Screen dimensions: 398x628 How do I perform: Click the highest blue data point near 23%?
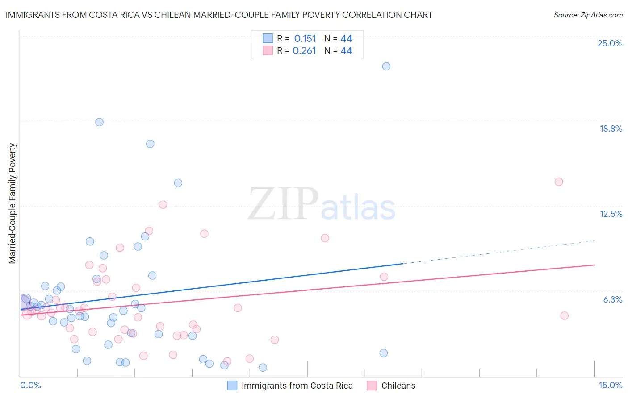386,66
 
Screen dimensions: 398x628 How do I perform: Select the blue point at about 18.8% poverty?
99,122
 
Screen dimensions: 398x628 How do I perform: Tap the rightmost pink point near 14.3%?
559,182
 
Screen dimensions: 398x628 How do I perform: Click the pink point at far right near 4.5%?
564,315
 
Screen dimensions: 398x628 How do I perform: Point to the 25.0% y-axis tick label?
610,43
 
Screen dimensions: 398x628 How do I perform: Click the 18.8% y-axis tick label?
611,129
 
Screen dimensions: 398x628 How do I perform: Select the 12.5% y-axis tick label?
611,214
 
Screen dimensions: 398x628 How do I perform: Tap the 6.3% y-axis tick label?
612,299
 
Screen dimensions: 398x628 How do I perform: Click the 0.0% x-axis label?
30,385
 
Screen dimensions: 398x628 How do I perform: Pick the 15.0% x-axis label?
610,385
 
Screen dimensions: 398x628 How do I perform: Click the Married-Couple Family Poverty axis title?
13,203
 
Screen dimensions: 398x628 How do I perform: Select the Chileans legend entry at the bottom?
398,386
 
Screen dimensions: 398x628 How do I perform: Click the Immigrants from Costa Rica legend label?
297,386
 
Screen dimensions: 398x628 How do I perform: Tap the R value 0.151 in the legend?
305,39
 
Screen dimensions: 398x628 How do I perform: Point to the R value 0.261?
304,51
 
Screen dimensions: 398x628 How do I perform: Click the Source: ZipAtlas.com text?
588,15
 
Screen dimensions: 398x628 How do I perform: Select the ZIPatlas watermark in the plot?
322,204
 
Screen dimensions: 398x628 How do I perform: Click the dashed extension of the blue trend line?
500,252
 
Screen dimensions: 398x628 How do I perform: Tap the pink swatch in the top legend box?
268,50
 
